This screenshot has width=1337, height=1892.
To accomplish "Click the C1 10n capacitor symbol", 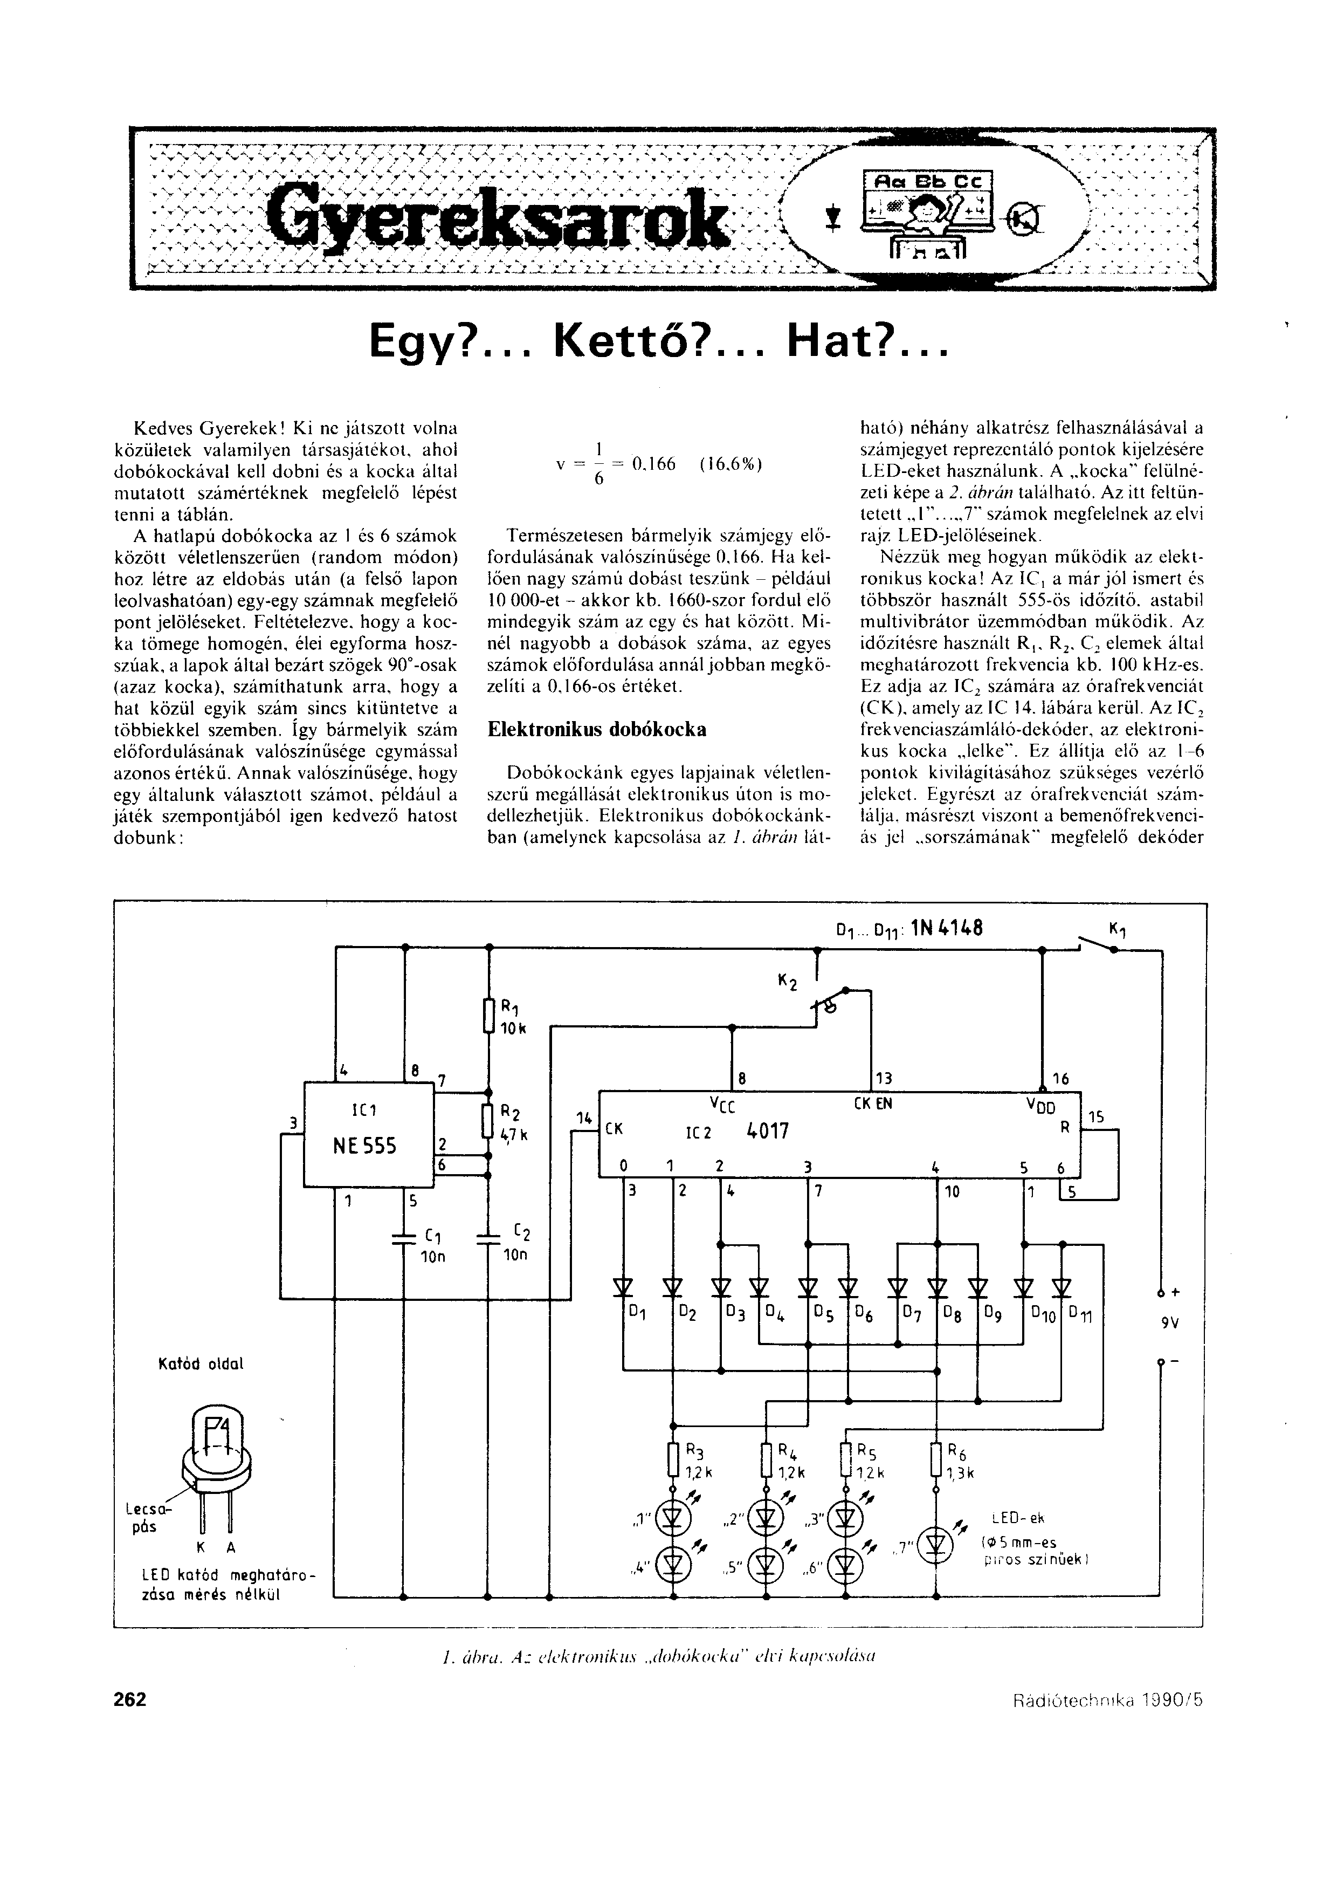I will [404, 1238].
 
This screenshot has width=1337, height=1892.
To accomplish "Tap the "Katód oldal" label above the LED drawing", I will [200, 1364].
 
